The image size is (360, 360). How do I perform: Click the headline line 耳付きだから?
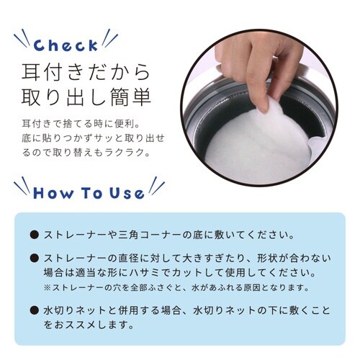86,73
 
